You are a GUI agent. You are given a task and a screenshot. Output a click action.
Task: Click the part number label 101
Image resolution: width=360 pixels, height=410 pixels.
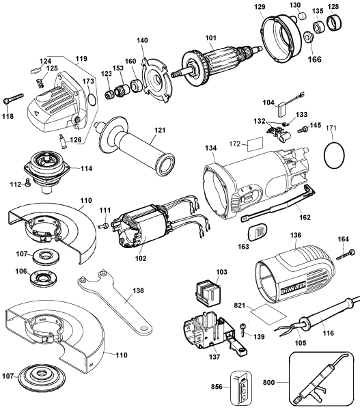(x=210, y=38)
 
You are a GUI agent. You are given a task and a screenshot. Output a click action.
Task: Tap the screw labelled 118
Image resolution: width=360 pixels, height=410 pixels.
(x=13, y=98)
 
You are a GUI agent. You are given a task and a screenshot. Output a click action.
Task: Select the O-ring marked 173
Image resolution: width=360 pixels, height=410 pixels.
(x=92, y=99)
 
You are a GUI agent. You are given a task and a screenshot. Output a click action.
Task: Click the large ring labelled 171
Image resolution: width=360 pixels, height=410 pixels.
(x=333, y=154)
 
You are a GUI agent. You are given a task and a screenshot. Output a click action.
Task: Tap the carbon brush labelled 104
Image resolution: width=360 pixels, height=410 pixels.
(x=281, y=109)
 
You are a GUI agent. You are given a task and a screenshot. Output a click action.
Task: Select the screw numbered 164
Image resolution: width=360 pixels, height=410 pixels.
(x=345, y=254)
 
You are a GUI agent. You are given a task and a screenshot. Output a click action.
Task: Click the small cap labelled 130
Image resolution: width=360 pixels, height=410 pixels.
(x=302, y=16)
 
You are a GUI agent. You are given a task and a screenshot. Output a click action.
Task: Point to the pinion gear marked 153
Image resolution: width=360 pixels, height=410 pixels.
(x=122, y=90)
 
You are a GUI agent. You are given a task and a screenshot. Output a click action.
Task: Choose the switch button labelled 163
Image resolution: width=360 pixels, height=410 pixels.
(x=257, y=231)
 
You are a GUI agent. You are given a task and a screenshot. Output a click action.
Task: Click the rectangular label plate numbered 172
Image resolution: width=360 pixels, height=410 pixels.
(x=255, y=144)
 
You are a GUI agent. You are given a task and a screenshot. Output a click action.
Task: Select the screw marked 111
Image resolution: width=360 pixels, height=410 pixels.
(x=104, y=225)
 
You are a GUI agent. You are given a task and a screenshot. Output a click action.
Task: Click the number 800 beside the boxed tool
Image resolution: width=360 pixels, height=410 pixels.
(x=268, y=382)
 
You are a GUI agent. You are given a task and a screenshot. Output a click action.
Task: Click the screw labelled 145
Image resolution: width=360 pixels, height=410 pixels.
(x=303, y=129)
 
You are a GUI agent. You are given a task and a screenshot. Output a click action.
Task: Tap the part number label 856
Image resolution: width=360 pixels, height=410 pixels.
(x=217, y=386)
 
